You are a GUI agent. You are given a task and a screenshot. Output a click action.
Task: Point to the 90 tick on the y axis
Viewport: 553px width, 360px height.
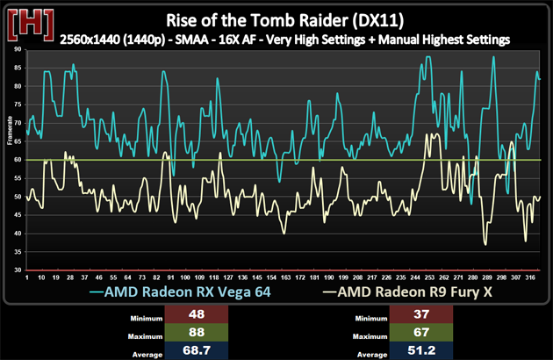18,50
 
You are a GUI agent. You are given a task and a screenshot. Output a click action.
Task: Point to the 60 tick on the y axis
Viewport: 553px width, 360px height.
18,160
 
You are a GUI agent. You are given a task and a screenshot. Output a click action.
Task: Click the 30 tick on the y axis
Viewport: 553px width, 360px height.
18,270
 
